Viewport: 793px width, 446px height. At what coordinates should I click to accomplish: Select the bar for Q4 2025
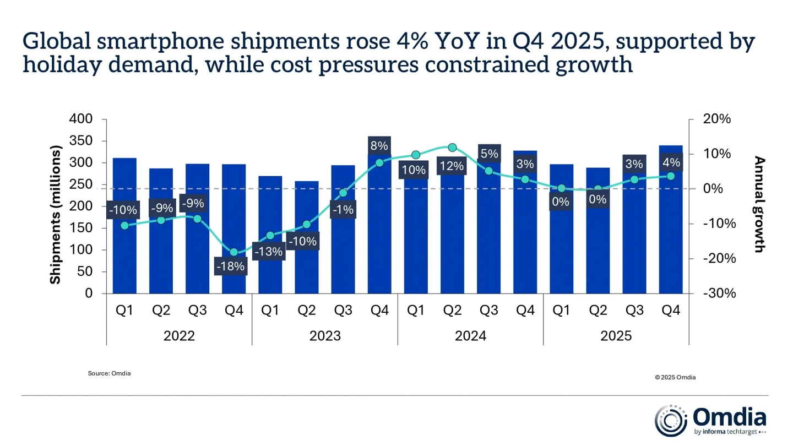[671, 231]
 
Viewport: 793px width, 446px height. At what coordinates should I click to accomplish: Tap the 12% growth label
[452, 165]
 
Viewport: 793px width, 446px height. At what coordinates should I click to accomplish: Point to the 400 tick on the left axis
[82, 119]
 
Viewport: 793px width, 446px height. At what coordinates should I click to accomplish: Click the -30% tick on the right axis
[719, 293]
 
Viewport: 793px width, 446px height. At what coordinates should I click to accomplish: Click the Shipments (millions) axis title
[56, 215]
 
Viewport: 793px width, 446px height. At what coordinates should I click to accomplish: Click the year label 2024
[470, 336]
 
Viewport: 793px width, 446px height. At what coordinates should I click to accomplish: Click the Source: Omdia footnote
[109, 373]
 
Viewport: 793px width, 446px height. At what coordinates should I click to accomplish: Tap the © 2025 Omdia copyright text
[675, 377]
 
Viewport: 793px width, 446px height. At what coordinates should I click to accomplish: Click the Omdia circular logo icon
[670, 421]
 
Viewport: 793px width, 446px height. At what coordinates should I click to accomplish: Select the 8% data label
[379, 146]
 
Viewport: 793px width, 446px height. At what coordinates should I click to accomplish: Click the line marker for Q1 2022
[124, 225]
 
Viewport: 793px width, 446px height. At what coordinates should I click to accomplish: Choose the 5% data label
[488, 154]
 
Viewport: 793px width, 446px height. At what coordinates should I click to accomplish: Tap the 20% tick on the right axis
[716, 119]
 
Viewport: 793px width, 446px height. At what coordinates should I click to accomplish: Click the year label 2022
[179, 336]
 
